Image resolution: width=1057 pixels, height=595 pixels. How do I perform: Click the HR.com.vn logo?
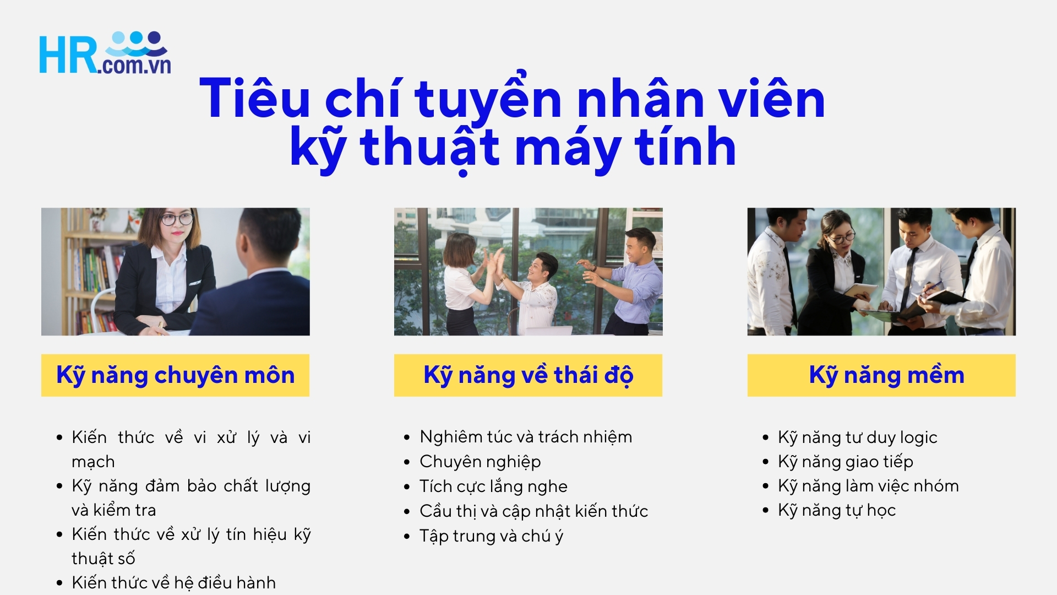[x=105, y=53]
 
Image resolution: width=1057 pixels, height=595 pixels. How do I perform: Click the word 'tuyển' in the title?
[x=488, y=99]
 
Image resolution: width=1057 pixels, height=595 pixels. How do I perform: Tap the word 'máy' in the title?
[x=569, y=147]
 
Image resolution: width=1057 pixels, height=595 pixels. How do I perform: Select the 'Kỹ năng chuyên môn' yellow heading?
[x=175, y=375]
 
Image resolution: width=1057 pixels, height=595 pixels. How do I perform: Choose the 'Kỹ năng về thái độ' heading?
[x=528, y=375]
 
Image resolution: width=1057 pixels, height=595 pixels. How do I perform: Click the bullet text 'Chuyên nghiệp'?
[x=480, y=461]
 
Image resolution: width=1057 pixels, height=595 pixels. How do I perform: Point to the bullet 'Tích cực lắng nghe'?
[x=493, y=486]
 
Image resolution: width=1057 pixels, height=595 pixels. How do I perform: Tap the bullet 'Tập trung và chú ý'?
[x=491, y=535]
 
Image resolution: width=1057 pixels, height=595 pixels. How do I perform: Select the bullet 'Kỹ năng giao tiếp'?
[x=845, y=461]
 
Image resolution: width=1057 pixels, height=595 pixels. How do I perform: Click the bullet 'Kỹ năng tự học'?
[x=837, y=510]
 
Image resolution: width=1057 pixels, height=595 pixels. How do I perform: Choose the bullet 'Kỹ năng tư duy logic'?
[x=857, y=437]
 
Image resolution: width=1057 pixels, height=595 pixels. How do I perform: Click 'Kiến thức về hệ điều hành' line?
[x=173, y=582]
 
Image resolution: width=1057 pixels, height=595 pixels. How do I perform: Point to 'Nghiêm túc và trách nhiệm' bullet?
[x=526, y=436]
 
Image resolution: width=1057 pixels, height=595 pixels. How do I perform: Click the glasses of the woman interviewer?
[x=177, y=219]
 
